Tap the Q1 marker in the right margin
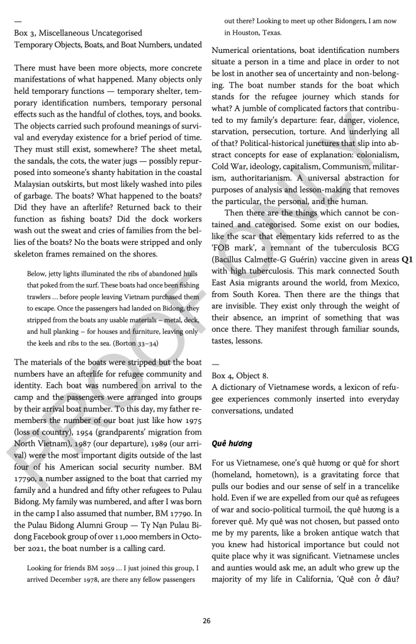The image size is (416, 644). (x=408, y=259)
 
